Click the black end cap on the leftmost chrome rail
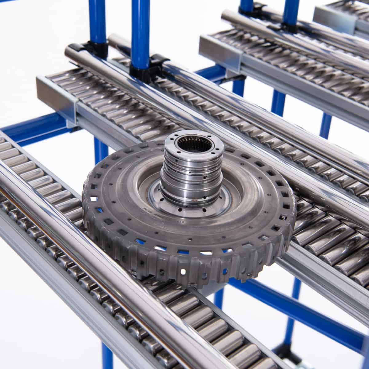74,48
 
